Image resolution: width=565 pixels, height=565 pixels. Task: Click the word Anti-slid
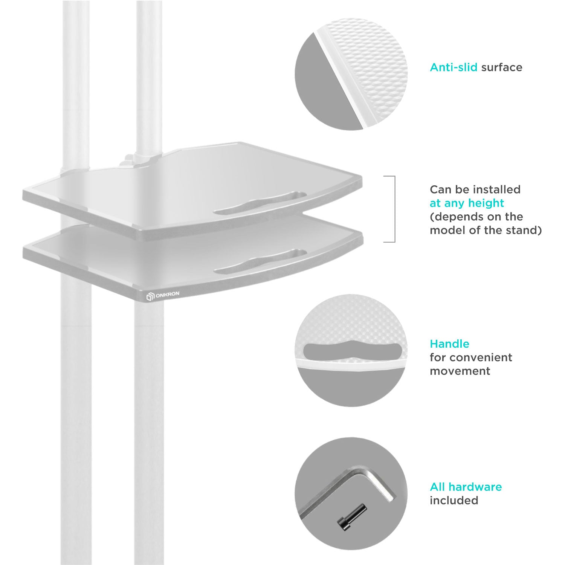454,67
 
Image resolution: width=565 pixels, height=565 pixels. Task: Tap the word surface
502,68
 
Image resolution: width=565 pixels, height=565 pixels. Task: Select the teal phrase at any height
467,203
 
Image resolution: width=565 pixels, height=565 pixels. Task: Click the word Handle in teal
449,344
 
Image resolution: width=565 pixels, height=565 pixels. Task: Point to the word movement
460,371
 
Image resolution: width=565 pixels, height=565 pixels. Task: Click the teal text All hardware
466,487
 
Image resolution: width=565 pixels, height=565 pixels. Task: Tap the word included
454,500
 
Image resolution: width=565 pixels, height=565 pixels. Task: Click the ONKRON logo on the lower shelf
163,297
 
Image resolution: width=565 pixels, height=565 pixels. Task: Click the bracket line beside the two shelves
394,209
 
